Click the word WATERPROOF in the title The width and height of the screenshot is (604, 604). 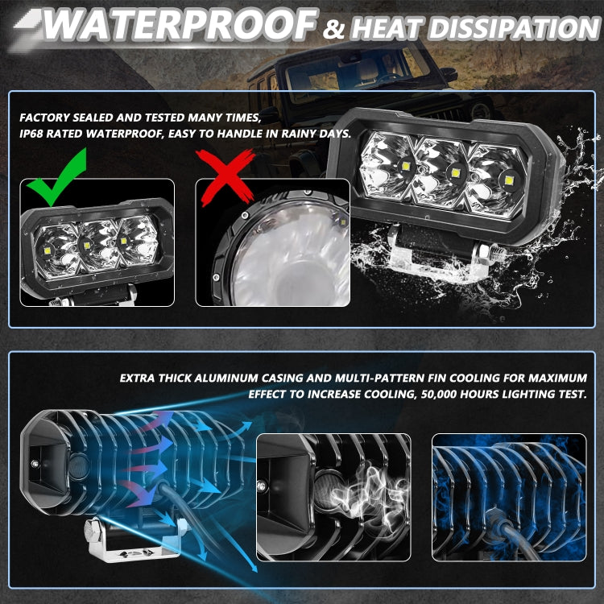pyautogui.click(x=177, y=25)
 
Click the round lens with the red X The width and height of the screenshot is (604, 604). pyautogui.click(x=282, y=258)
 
